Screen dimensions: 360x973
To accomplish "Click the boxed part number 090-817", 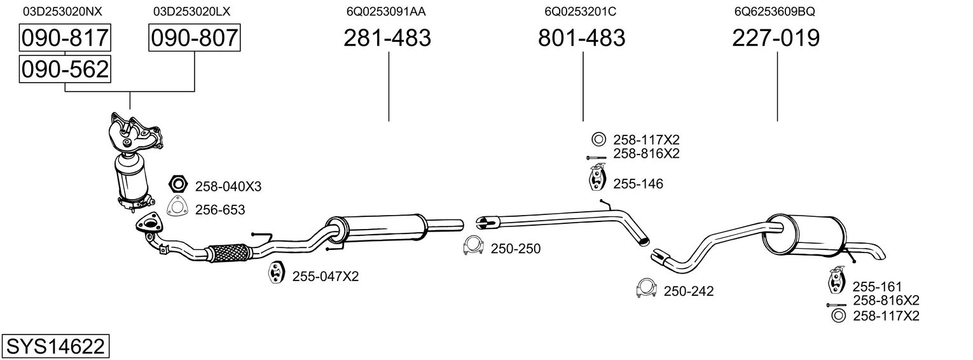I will click(65, 38).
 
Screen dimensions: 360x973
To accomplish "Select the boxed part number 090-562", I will click(65, 69).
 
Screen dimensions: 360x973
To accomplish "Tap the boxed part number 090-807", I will click(195, 38).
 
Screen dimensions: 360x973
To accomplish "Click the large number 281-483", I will click(387, 38).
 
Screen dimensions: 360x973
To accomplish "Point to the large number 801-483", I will click(582, 38).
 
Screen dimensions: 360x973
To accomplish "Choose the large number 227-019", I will click(776, 38).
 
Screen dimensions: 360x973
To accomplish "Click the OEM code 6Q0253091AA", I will click(386, 11).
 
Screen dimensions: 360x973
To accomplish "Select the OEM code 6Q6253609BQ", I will click(775, 11).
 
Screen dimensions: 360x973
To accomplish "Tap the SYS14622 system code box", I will click(55, 347).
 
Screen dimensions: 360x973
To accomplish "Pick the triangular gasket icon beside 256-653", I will click(177, 208).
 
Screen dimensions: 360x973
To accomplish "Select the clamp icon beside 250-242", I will click(646, 289).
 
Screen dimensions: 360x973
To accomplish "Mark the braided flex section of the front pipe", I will click(228, 253).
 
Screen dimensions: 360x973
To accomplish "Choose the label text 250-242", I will click(689, 291).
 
